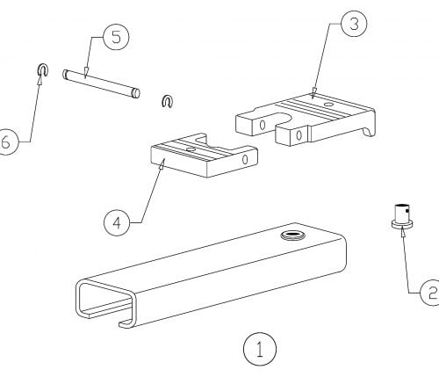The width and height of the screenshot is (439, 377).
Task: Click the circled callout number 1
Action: tap(260, 349)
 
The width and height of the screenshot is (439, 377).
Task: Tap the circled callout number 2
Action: tap(430, 293)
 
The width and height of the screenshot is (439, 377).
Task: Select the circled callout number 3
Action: tap(354, 24)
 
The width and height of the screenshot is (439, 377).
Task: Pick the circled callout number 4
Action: tap(117, 222)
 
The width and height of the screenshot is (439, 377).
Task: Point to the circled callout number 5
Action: tap(116, 38)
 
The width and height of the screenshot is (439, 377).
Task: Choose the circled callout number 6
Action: tap(6, 142)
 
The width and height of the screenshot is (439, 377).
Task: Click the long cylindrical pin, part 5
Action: tap(101, 83)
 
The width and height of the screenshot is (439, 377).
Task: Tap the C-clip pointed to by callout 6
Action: tap(43, 69)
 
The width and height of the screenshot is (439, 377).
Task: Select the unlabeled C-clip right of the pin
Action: tap(168, 101)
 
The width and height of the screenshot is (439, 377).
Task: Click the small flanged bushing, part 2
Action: tap(402, 216)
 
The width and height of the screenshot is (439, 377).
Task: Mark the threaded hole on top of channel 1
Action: tap(292, 235)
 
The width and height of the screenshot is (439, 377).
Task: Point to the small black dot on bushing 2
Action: tap(407, 211)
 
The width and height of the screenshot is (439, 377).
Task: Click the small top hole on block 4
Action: tap(191, 149)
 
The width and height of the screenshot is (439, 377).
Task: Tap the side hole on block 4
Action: tap(245, 159)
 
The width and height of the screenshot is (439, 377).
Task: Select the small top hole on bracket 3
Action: tap(328, 104)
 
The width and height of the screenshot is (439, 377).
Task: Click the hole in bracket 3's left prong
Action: tap(263, 125)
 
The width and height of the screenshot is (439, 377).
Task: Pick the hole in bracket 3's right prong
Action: tap(299, 135)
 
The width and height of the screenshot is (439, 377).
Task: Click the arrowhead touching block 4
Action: tap(162, 163)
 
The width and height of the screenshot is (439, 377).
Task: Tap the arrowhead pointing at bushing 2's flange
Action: tap(403, 231)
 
